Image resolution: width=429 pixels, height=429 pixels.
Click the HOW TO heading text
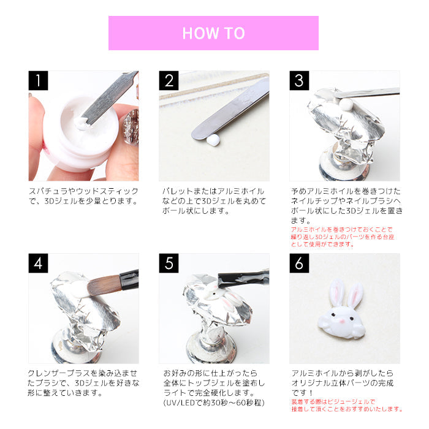click(213, 33)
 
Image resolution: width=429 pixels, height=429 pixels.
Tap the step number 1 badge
click(38, 80)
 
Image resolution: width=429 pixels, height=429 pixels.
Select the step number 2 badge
click(169, 80)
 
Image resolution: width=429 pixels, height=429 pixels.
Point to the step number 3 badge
click(299, 80)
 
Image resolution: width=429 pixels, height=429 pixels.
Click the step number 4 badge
click(38, 263)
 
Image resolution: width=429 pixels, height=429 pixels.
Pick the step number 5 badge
click(169, 263)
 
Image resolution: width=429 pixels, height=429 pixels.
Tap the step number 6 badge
click(299, 263)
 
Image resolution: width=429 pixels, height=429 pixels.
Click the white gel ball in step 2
click(213, 140)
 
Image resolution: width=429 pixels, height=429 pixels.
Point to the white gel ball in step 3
click(346, 104)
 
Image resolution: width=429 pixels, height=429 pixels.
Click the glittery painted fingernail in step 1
click(131, 127)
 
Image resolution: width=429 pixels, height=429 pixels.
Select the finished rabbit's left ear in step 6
click(336, 293)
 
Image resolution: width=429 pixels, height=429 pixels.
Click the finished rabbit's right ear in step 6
click(355, 295)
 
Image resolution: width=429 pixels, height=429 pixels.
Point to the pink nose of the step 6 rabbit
click(342, 321)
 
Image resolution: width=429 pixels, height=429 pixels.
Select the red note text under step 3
click(342, 237)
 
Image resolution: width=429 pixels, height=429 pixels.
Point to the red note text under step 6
click(347, 406)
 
